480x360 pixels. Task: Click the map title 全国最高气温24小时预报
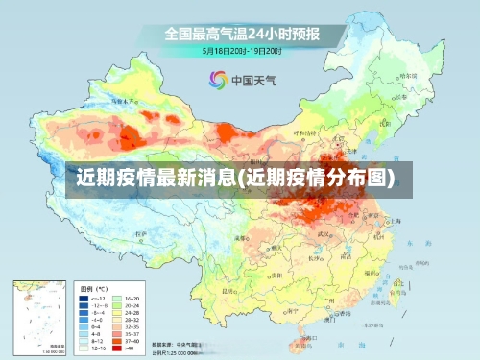coord(240,35)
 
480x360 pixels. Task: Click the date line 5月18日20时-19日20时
coord(240,50)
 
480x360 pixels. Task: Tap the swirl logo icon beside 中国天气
coord(217,80)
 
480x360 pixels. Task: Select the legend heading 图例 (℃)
coord(94,288)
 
